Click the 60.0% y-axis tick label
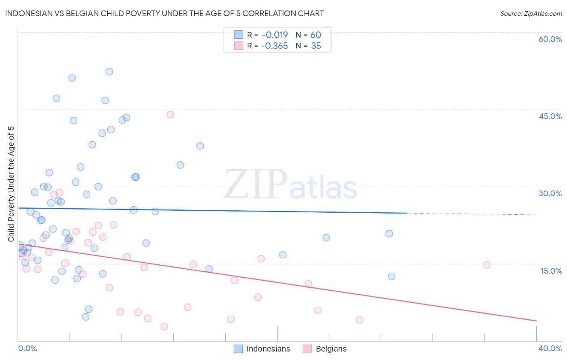tap(550, 39)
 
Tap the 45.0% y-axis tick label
tap(550, 116)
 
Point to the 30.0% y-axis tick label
tap(550, 193)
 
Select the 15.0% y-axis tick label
tap(551, 271)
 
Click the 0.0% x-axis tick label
tap(27, 348)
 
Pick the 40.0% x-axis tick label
tap(550, 348)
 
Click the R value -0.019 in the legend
tap(275, 35)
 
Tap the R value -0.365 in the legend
tap(274, 46)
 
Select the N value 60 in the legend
tap(316, 35)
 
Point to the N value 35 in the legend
tap(316, 46)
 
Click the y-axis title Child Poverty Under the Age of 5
tap(11, 184)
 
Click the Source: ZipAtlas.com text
tap(531, 14)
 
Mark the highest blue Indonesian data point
tap(109, 72)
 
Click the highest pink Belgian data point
tap(170, 115)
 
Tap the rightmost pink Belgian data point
tap(487, 265)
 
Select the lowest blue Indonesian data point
tap(85, 317)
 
